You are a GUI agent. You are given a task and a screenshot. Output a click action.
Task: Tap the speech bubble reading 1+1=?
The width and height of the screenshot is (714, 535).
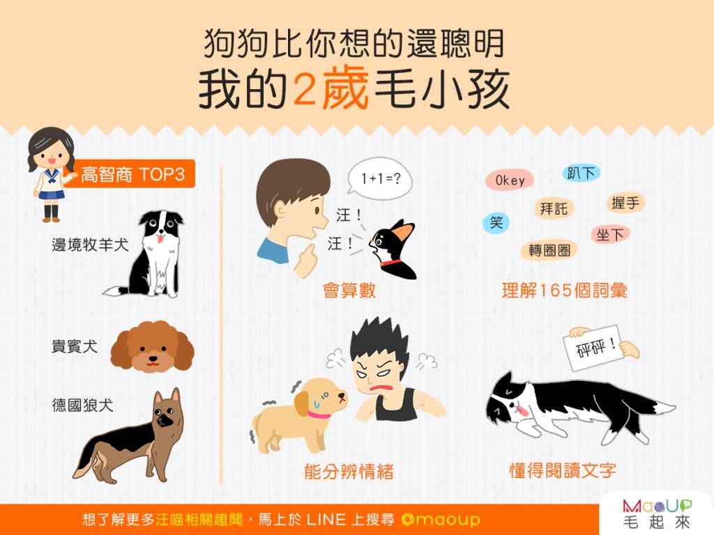point(380,179)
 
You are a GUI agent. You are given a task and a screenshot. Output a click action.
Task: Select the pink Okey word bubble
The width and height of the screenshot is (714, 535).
point(510,180)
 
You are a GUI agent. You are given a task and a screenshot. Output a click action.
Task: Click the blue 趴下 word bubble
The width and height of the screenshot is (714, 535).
point(581,173)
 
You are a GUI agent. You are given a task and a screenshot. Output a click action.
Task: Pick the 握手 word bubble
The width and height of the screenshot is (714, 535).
point(625,203)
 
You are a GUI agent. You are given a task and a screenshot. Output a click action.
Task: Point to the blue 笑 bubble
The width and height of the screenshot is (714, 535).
point(496,222)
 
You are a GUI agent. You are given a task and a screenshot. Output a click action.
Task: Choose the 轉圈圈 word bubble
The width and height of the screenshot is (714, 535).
point(549,250)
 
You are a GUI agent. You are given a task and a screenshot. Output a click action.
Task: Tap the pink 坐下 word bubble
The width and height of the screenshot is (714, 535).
point(610,235)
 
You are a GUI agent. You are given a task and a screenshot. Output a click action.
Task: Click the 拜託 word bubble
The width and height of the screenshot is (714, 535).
point(554,209)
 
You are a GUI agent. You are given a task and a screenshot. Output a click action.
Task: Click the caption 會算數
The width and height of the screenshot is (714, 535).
point(349,290)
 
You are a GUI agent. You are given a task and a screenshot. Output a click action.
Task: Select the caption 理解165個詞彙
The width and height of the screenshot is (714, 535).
point(565,290)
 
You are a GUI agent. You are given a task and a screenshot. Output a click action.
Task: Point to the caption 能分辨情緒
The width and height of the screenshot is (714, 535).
point(349,472)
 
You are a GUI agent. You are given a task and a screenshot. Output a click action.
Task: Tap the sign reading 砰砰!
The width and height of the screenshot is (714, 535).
point(593,348)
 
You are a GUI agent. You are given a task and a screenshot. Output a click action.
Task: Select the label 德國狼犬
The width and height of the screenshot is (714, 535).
point(82,405)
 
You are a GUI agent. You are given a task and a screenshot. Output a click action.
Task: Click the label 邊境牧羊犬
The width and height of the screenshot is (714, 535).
point(90,245)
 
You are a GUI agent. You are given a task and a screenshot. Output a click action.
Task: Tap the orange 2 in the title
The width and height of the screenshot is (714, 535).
point(304,89)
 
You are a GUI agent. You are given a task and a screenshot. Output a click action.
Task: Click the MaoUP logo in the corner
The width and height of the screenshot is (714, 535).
point(657,514)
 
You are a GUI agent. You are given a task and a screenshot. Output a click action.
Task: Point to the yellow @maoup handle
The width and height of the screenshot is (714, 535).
point(441,519)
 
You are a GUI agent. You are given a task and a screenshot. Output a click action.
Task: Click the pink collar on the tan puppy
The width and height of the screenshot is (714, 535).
point(318,414)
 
